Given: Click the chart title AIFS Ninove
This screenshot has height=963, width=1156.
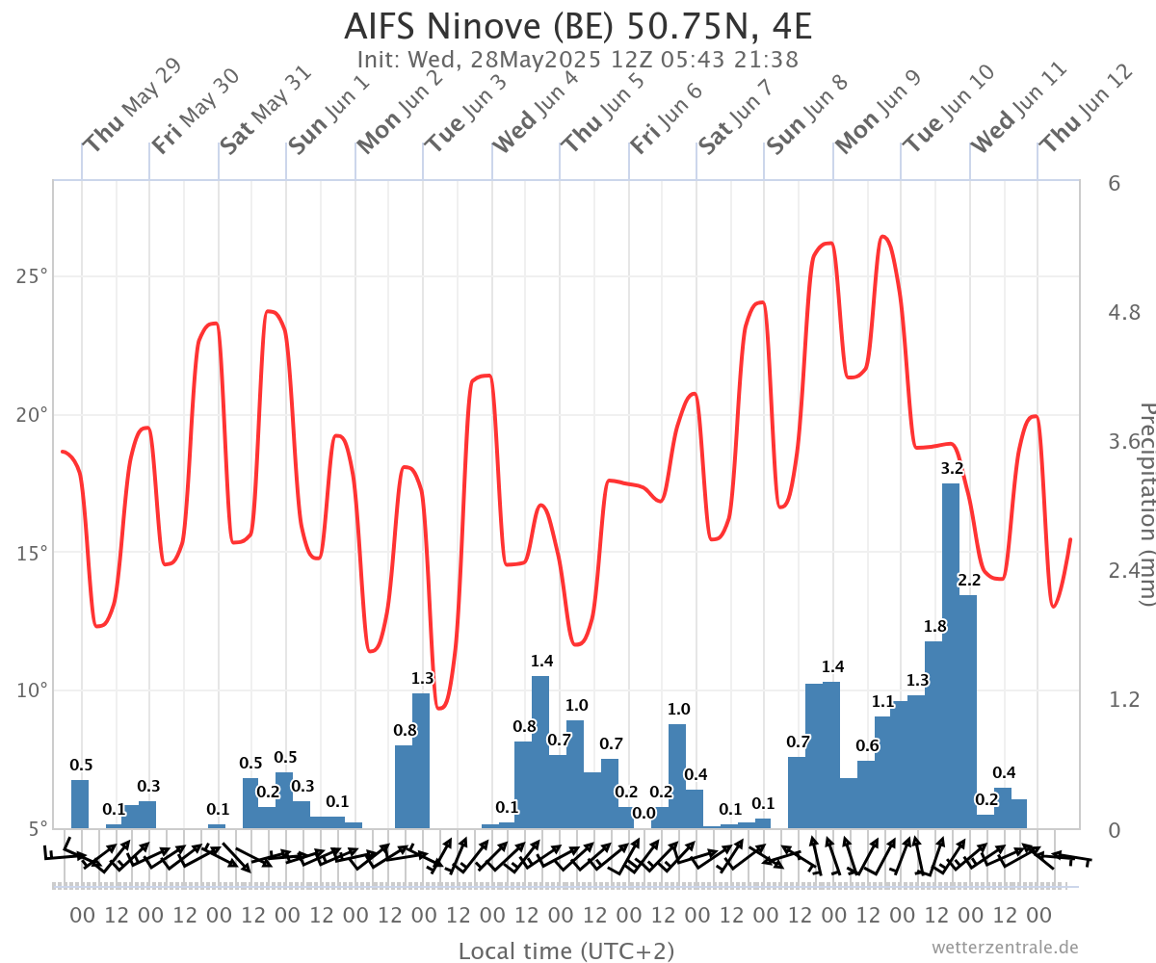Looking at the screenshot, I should pos(578,26).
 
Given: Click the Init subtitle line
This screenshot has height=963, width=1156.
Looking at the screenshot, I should pos(578,60).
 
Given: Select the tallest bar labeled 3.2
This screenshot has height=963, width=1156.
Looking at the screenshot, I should pos(951,655).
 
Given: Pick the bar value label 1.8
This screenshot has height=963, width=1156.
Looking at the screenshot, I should pos(934,626).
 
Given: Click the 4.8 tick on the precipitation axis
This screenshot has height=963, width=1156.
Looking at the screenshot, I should pos(1125,312).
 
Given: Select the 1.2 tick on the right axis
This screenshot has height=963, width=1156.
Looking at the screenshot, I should pos(1125,699).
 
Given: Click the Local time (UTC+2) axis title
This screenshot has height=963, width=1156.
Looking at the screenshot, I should pos(566,951).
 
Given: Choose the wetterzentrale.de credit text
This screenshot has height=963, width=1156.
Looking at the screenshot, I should pos(1005,948).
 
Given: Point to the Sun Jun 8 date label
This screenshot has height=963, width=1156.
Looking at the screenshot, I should pos(807,114).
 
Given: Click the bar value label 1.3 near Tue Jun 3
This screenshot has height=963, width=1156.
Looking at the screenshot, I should pos(422,678).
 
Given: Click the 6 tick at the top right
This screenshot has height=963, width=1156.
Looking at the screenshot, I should pos(1114,183).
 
